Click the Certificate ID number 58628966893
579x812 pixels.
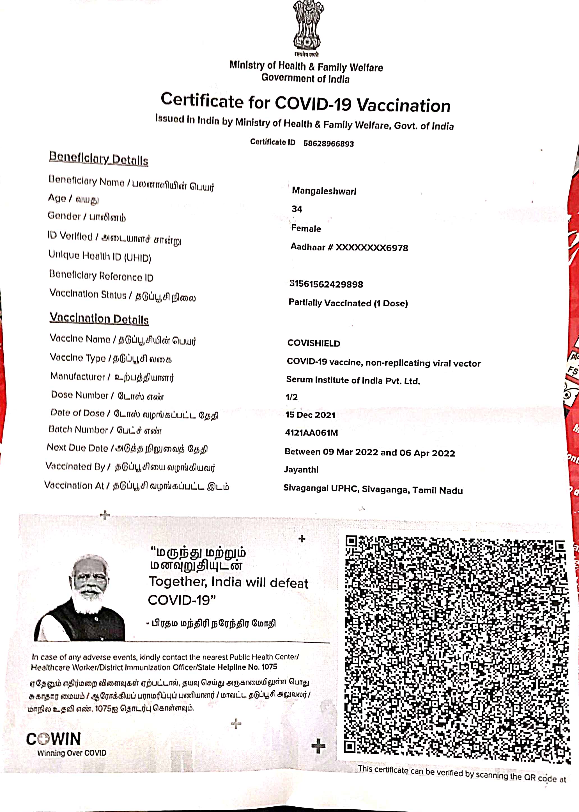(328, 144)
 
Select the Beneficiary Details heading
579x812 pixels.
(98, 158)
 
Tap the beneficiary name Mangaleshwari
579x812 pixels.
(324, 191)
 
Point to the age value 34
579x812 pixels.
(297, 209)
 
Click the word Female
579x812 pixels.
(306, 228)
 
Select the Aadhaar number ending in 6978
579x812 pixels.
(349, 247)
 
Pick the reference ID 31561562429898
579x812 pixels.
(326, 284)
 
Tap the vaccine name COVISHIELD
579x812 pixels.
(314, 343)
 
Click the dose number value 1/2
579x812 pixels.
(292, 397)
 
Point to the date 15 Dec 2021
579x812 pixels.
(310, 415)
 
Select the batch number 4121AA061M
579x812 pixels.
(311, 433)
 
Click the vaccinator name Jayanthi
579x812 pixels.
(301, 469)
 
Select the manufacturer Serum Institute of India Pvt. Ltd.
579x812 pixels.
(353, 380)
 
